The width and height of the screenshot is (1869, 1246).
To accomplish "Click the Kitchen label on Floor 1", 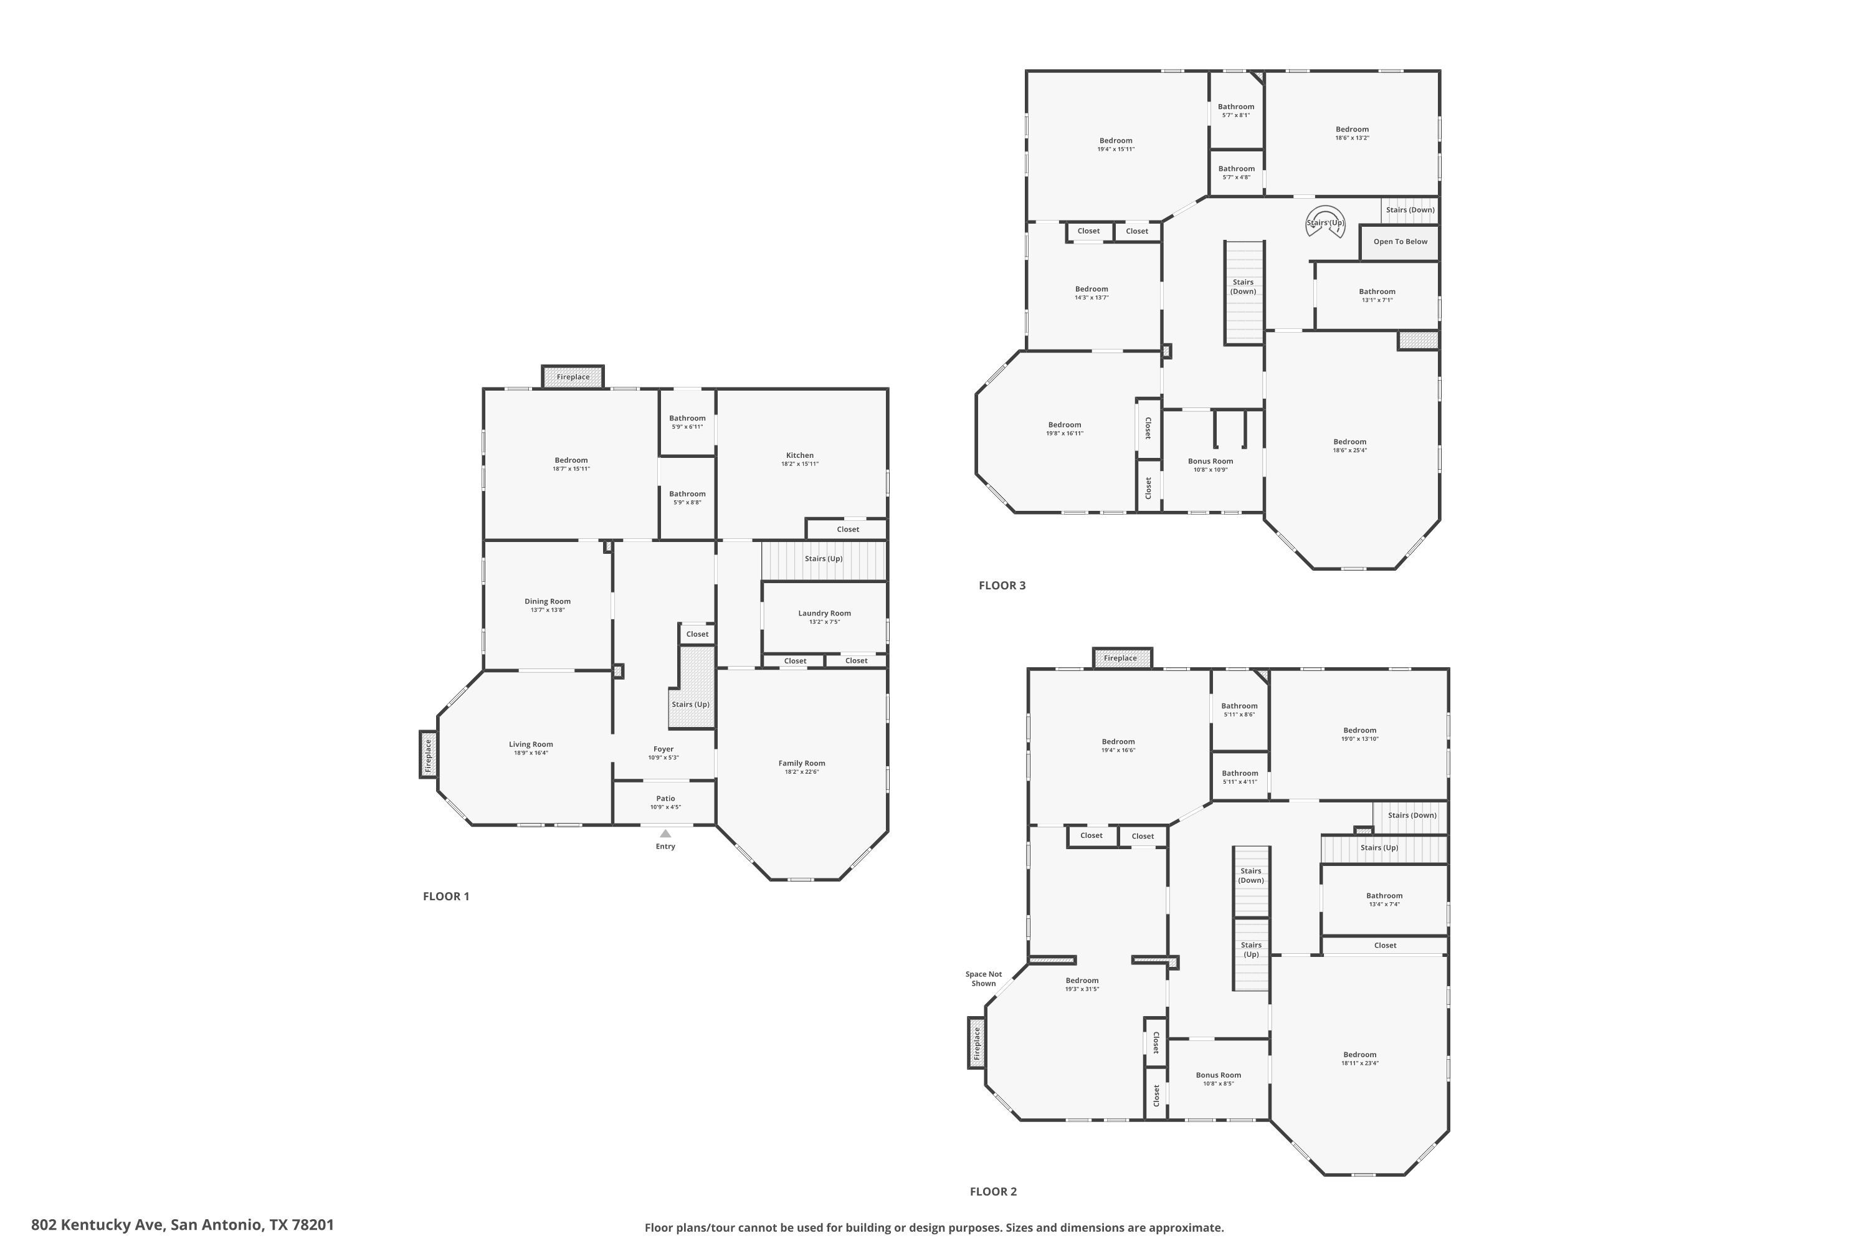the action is [x=799, y=455].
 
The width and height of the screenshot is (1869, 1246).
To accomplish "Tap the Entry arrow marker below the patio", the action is [x=665, y=834].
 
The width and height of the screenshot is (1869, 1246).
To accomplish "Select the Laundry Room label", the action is [x=824, y=614].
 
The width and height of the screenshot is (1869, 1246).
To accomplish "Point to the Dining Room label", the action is [x=548, y=602].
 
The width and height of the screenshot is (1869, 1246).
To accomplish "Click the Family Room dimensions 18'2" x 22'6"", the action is [x=802, y=772].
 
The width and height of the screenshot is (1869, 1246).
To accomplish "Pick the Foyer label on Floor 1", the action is [x=663, y=749].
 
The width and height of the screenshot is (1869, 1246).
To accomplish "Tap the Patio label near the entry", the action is [x=666, y=799].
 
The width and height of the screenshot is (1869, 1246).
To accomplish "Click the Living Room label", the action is [x=531, y=744].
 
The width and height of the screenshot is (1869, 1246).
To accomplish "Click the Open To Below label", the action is [x=1400, y=242].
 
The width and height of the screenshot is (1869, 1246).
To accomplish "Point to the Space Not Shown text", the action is [x=984, y=978].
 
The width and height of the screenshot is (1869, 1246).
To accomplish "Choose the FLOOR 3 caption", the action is [x=1002, y=586].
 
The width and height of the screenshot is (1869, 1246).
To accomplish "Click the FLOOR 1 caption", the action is [x=446, y=896].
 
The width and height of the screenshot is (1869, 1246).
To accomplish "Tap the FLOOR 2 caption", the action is [x=993, y=1191].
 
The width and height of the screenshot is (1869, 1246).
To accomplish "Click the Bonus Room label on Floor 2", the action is [x=1218, y=1075].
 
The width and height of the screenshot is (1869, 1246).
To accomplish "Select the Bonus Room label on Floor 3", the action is [x=1210, y=461].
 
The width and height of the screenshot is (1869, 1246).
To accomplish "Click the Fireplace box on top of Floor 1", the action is [x=573, y=377].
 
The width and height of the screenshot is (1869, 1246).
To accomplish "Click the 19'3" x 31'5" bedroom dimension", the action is [x=1082, y=989].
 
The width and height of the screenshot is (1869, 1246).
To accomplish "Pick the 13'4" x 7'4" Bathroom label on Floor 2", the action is [x=1384, y=896].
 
